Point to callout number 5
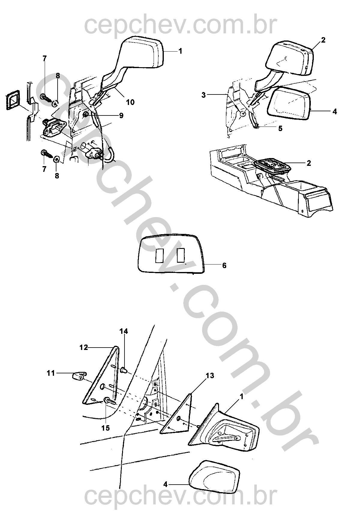pyautogui.click(x=280, y=129)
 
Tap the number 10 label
pyautogui.click(x=130, y=102)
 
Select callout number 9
pyautogui.click(x=121, y=115)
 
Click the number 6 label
pyautogui.click(x=224, y=265)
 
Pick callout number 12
pyautogui.click(x=84, y=347)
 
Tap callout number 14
pyautogui.click(x=124, y=331)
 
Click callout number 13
pyautogui.click(x=210, y=375)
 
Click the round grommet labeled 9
pyautogui.click(x=85, y=114)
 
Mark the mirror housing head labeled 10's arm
pyautogui.click(x=115, y=81)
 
